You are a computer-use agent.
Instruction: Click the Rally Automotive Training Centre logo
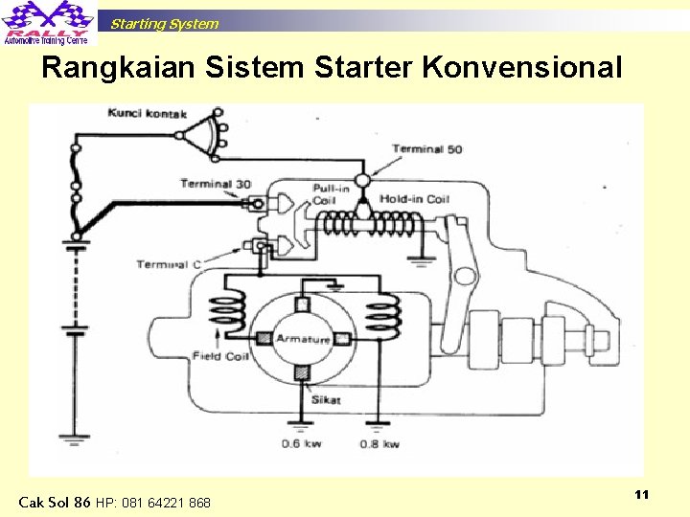coord(48,24)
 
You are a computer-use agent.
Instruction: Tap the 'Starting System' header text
coord(164,24)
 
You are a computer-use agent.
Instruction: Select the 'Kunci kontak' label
coord(147,115)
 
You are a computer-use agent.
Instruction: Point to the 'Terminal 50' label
coord(426,149)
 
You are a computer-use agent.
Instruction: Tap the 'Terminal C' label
coord(169,264)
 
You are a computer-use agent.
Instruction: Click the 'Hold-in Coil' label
coord(413,199)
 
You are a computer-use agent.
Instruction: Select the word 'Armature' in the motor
coord(303,340)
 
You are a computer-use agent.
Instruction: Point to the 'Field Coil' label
coord(220,356)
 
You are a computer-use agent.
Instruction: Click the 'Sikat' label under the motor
coord(325,399)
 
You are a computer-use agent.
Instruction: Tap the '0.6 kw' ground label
coord(301,443)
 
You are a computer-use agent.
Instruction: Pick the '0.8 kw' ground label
coord(380,443)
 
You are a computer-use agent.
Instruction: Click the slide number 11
coord(642,494)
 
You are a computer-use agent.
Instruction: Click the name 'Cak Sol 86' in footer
coord(55,502)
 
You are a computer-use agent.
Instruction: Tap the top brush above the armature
coord(302,304)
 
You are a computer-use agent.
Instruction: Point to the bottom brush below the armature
coord(302,372)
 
